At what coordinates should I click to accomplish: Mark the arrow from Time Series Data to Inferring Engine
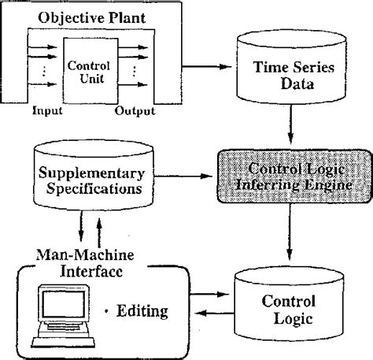(x=291, y=130)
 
